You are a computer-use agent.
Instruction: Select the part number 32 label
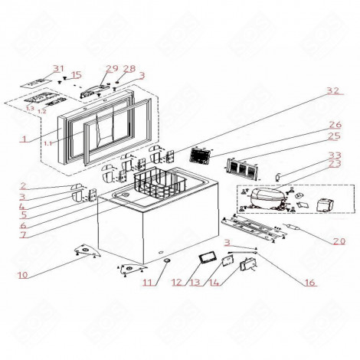point(332,91)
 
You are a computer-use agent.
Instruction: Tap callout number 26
point(335,125)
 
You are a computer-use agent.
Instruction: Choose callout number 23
point(335,164)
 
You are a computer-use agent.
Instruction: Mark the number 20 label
point(338,241)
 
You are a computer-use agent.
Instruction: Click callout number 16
point(309,283)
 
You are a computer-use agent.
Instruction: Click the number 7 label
point(24,234)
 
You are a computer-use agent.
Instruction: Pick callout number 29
point(112,69)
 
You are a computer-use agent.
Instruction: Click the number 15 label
point(75,75)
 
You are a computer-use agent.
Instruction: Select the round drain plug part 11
point(164,263)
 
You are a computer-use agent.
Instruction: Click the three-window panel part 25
point(240,168)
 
